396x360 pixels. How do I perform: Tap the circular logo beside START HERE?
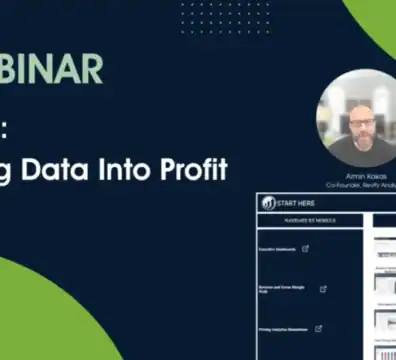[x=269, y=203]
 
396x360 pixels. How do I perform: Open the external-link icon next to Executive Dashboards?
[x=305, y=249]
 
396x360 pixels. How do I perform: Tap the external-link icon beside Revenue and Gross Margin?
[x=323, y=289]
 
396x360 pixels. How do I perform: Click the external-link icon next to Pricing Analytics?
[x=319, y=328]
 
